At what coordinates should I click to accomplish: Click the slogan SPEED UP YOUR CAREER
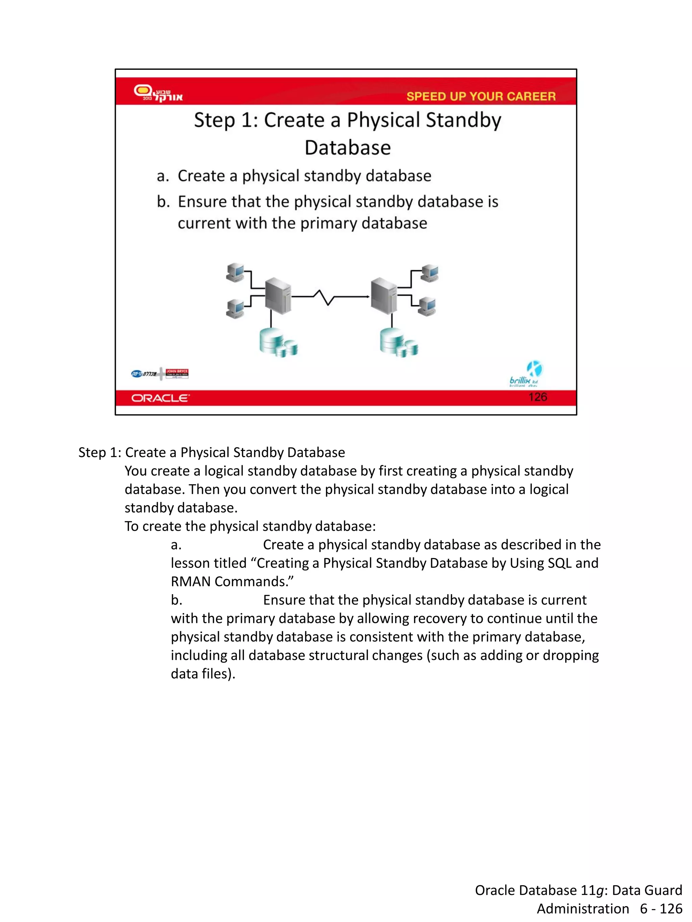(x=480, y=96)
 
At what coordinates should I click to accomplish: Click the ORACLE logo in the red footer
(x=160, y=398)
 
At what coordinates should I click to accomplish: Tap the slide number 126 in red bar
(x=537, y=397)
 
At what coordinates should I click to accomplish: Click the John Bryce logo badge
(x=177, y=373)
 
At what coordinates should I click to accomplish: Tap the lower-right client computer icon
(x=427, y=306)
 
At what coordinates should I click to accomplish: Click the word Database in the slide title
(x=347, y=148)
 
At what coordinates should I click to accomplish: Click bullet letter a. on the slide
(x=163, y=176)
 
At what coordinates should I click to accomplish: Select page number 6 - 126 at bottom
(x=661, y=908)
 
